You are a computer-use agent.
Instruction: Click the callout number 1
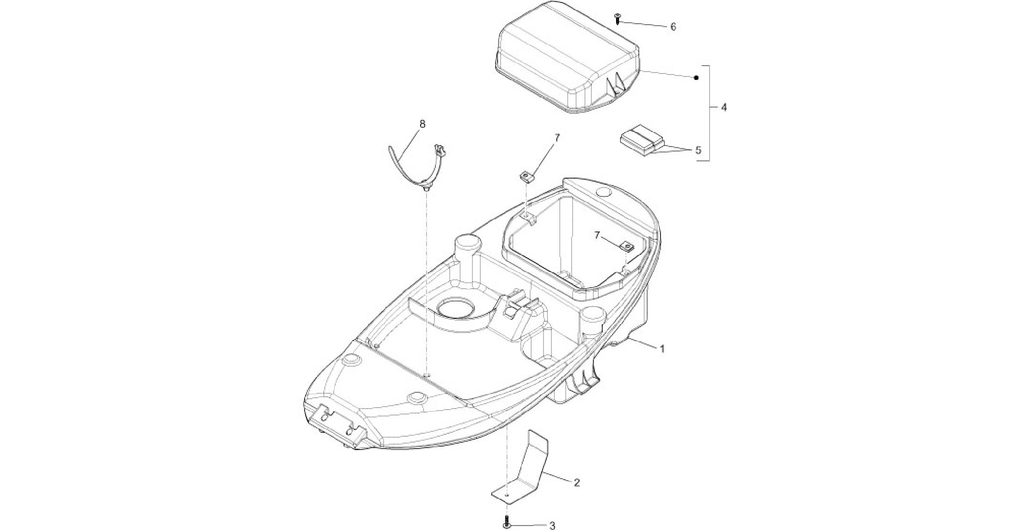pos(662,349)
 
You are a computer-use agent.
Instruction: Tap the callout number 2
pos(577,483)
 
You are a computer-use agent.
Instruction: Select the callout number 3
pos(552,526)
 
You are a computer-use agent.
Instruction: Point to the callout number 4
pos(724,107)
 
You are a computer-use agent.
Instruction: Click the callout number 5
pos(698,150)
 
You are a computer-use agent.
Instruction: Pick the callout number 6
pos(673,27)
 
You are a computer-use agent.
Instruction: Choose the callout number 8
pos(422,124)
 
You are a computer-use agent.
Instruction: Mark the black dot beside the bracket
pos(696,78)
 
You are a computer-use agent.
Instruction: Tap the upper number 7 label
pos(557,139)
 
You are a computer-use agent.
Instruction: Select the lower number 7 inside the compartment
pos(597,236)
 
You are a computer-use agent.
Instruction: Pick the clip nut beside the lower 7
pos(627,246)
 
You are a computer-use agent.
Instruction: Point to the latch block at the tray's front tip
pos(338,424)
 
